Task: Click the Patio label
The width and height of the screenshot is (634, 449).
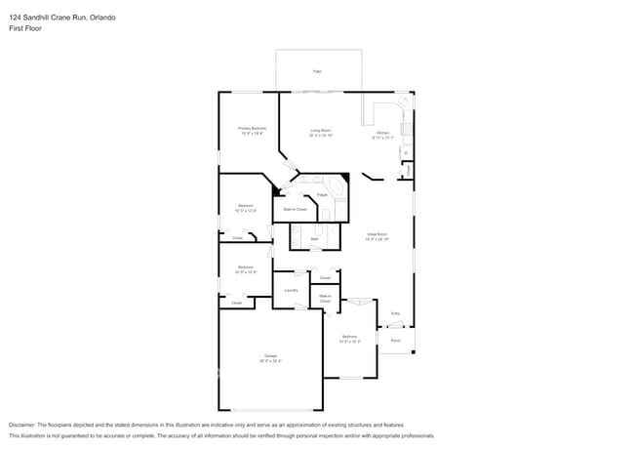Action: [317, 71]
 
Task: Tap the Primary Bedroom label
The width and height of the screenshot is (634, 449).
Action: [253, 128]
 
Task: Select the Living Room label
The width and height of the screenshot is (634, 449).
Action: [321, 130]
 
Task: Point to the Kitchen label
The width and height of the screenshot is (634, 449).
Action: [382, 132]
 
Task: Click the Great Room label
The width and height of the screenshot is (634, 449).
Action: [376, 233]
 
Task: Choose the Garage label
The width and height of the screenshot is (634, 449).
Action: [269, 355]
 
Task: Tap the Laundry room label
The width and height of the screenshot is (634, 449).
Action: [291, 290]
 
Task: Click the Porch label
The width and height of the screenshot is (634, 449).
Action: [396, 341]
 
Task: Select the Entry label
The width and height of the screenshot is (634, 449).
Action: [396, 312]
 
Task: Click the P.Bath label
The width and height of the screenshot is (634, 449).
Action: [322, 195]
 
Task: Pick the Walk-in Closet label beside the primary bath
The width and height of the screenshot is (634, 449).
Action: [295, 209]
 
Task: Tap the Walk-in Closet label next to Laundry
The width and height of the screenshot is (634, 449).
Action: [325, 298]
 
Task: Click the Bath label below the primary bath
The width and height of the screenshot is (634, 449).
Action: [314, 238]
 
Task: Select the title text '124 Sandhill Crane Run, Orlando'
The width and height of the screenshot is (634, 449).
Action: [61, 16]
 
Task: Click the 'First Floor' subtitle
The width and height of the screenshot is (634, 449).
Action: [24, 28]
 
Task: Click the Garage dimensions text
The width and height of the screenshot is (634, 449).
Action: [269, 361]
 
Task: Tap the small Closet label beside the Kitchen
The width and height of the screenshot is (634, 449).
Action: [406, 169]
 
